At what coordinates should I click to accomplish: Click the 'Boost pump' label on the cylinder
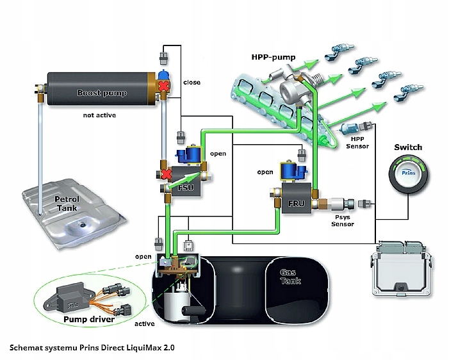(101, 93)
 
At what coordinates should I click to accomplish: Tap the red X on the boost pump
(164, 86)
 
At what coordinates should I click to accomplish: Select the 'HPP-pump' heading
(273, 57)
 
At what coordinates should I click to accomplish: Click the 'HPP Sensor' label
(357, 142)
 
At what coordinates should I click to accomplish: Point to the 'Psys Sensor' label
(341, 220)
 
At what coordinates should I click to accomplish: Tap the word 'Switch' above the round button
(407, 147)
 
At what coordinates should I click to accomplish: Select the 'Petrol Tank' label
(67, 203)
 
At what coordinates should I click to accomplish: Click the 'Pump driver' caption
(88, 318)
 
